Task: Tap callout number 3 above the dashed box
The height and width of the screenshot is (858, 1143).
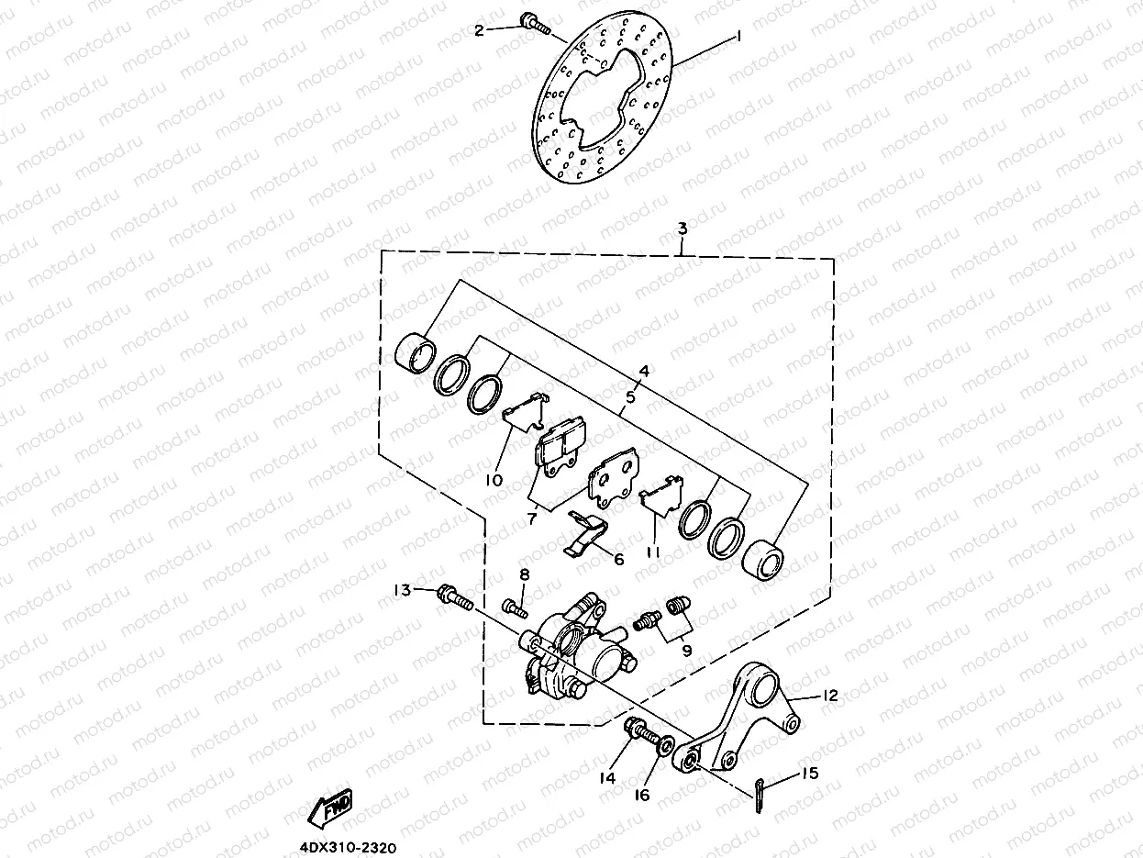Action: [682, 228]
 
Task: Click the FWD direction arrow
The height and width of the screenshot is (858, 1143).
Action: [331, 807]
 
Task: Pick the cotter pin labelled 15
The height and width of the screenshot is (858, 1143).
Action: [760, 794]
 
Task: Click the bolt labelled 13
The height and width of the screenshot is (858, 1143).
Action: [454, 596]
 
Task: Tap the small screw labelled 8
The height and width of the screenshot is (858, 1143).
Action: [516, 606]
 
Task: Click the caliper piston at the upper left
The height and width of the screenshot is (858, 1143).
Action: [416, 354]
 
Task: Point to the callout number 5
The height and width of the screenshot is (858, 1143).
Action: [630, 398]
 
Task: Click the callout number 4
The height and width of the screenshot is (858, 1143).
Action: [644, 372]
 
